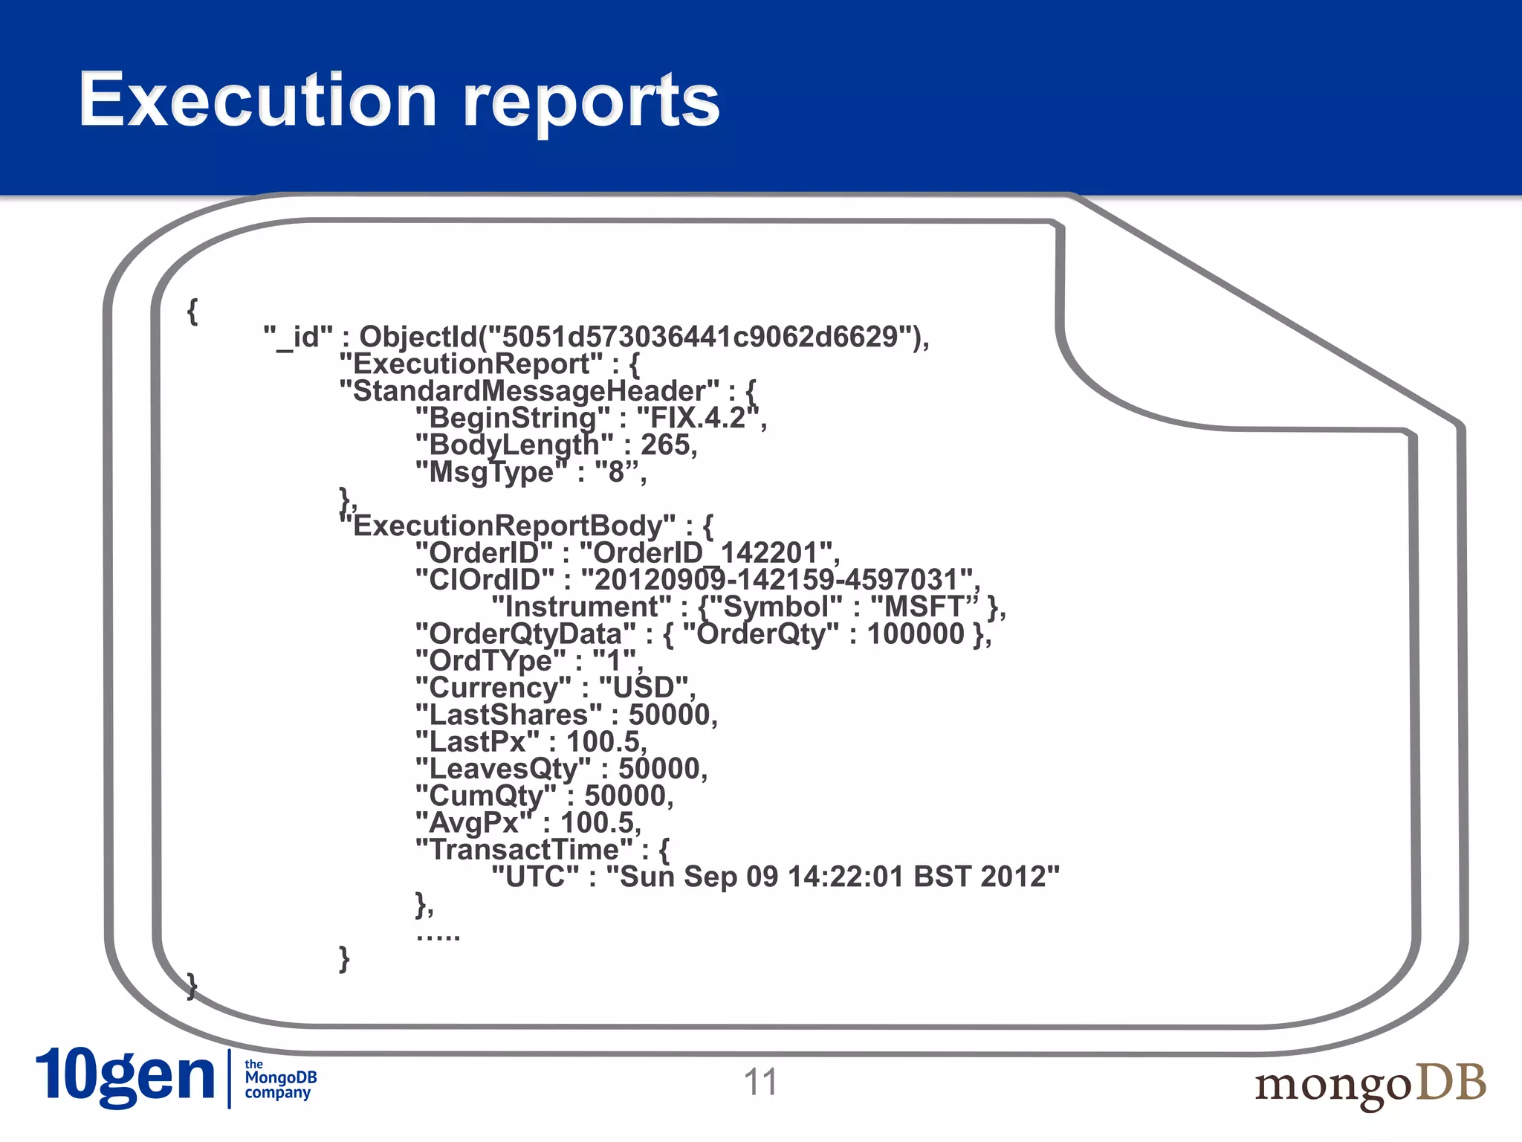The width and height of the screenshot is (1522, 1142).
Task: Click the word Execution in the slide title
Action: pyautogui.click(x=257, y=100)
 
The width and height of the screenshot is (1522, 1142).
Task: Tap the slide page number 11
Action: pyautogui.click(x=760, y=1082)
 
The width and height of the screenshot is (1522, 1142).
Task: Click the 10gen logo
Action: pyautogui.click(x=125, y=1077)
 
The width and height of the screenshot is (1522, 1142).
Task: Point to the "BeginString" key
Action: pyautogui.click(x=513, y=418)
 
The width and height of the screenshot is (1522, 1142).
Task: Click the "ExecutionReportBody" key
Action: pyautogui.click(x=508, y=526)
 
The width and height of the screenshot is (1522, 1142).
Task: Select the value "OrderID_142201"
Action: pyautogui.click(x=709, y=553)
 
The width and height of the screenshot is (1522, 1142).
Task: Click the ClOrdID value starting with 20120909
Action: pyautogui.click(x=777, y=580)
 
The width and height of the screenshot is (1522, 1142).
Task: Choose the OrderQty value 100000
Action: pyautogui.click(x=916, y=634)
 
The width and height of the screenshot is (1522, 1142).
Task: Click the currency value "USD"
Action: pyautogui.click(x=644, y=688)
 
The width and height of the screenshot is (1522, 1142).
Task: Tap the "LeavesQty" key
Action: pyautogui.click(x=504, y=769)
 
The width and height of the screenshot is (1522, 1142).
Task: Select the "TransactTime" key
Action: pyautogui.click(x=525, y=850)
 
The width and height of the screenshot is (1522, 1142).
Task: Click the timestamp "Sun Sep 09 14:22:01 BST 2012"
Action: pyautogui.click(x=833, y=877)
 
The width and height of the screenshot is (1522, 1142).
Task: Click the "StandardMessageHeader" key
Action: pyautogui.click(x=529, y=391)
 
